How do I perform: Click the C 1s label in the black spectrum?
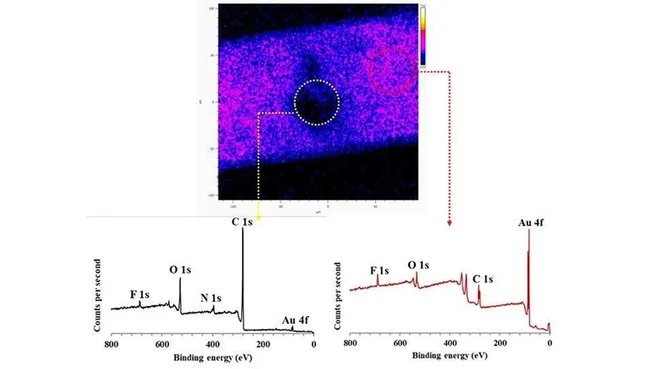[241, 222]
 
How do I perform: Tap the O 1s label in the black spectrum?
[180, 270]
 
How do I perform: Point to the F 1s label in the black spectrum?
[140, 294]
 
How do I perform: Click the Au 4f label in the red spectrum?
[531, 223]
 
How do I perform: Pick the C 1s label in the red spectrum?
[482, 279]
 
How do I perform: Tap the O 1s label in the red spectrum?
[418, 266]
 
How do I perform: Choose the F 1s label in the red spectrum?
[379, 271]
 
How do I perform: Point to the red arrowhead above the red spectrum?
[449, 224]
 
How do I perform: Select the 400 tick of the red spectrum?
[449, 344]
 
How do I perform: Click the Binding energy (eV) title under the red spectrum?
[449, 360]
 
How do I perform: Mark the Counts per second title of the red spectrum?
[337, 294]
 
